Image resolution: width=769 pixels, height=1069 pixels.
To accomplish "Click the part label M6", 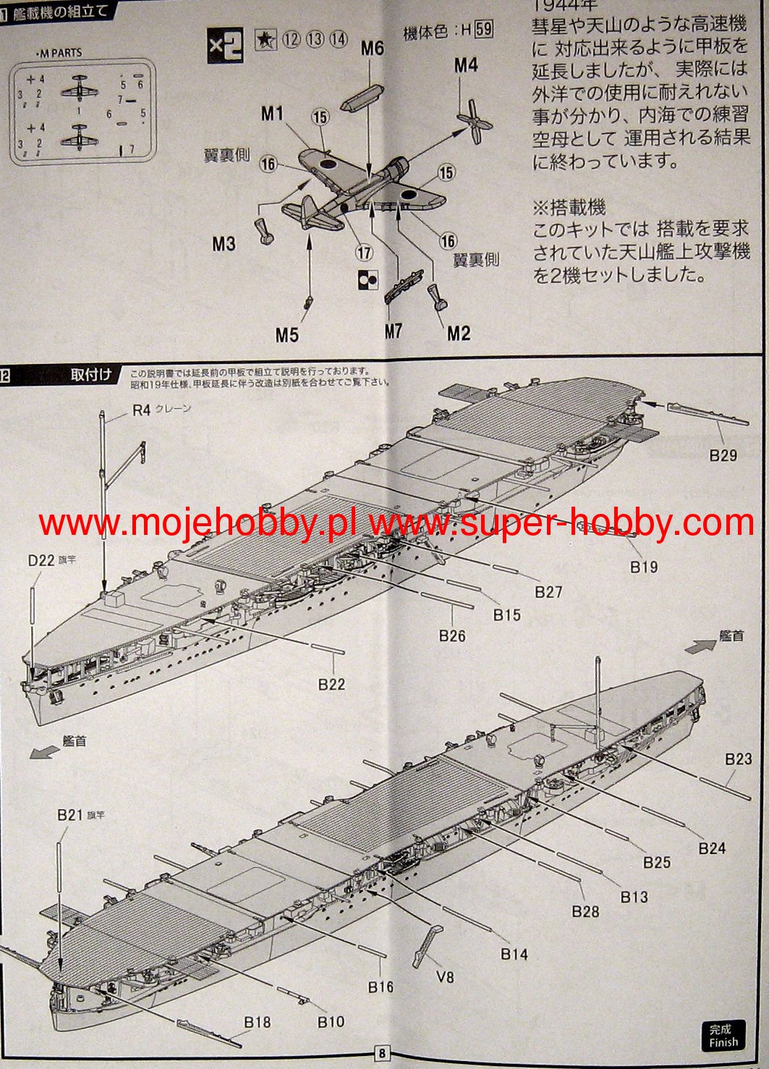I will click(x=372, y=48).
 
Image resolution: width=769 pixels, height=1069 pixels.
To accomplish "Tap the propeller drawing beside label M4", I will click(x=474, y=122).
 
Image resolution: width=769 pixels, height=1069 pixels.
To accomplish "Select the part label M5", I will click(x=287, y=334).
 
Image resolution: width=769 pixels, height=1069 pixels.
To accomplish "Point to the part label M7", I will click(x=393, y=331).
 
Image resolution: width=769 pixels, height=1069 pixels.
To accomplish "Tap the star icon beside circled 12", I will click(x=265, y=41).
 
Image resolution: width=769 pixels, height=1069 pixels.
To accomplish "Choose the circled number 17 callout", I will click(x=364, y=253).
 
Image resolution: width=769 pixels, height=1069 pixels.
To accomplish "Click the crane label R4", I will click(x=141, y=410).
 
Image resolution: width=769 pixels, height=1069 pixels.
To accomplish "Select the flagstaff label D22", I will click(x=41, y=560).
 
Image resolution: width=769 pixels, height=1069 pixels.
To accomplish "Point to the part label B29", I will click(x=723, y=455).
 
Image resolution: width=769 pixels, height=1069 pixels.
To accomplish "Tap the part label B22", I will click(x=331, y=684).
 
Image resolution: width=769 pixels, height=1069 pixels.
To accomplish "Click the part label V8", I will click(x=445, y=976).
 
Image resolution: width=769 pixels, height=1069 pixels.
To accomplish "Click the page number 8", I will click(x=383, y=1053).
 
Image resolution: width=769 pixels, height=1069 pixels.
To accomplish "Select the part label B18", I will click(x=257, y=1021).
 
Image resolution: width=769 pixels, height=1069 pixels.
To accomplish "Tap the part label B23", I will click(x=739, y=759).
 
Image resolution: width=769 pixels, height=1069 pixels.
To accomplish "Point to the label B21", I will click(x=70, y=815).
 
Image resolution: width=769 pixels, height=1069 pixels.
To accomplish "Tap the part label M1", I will click(x=272, y=113).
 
